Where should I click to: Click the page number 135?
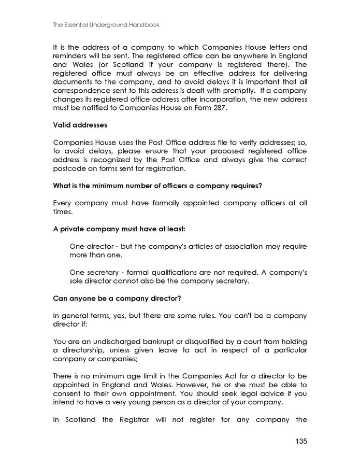click(x=300, y=441)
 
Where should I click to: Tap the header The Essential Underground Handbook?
click(x=106, y=24)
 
